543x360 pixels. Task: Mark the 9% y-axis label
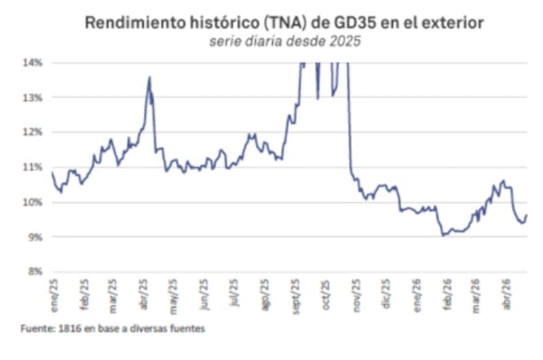(x=34, y=237)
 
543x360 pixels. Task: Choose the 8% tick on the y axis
(x=34, y=272)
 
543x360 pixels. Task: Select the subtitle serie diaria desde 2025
(x=284, y=41)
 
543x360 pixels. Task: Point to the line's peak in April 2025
(x=149, y=77)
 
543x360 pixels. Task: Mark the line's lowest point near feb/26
(x=443, y=235)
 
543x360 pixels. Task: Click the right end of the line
(x=526, y=215)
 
